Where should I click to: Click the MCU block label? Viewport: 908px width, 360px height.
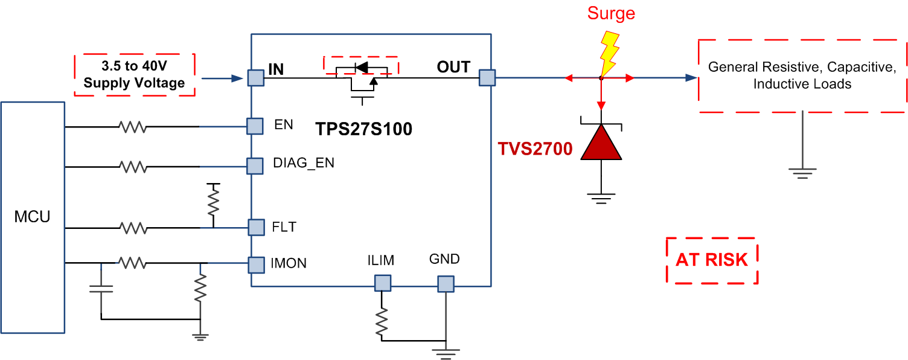pyautogui.click(x=32, y=217)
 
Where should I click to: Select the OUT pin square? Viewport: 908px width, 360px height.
pyautogui.click(x=487, y=77)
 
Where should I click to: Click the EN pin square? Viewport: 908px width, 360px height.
pyautogui.click(x=255, y=126)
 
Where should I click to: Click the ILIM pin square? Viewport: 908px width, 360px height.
pyautogui.click(x=382, y=283)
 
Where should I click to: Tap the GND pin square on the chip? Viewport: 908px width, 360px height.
pyautogui.click(x=446, y=283)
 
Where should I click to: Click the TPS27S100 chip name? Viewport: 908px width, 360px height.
pyautogui.click(x=364, y=129)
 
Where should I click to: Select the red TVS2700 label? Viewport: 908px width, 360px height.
pyautogui.click(x=535, y=149)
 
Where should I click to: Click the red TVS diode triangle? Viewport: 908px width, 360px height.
pyautogui.click(x=601, y=143)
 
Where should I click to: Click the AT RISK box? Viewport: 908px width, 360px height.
pyautogui.click(x=712, y=260)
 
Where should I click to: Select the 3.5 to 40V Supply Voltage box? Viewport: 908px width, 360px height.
pyautogui.click(x=134, y=75)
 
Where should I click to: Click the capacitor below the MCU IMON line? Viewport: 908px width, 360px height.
pyautogui.click(x=101, y=288)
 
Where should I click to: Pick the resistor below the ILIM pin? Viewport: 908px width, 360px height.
pyautogui.click(x=382, y=323)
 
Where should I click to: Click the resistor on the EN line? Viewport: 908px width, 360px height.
pyautogui.click(x=133, y=127)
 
